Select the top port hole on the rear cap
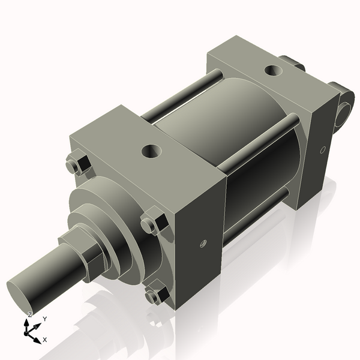pyautogui.click(x=274, y=70)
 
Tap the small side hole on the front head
pyautogui.click(x=203, y=244)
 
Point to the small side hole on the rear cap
pyautogui.click(x=323, y=149)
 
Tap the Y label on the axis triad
pyautogui.click(x=45, y=319)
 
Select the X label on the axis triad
pyautogui.click(x=45, y=340)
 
